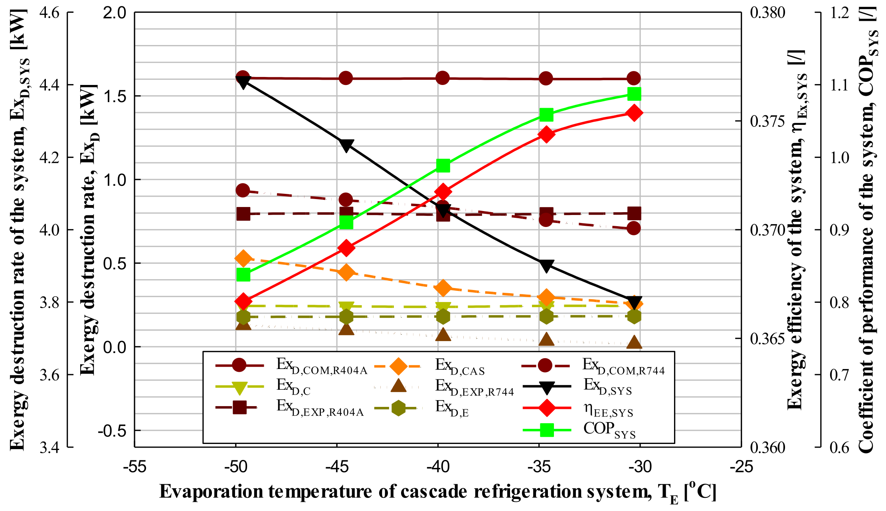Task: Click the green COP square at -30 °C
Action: [x=634, y=94]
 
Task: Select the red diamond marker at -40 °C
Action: [x=443, y=192]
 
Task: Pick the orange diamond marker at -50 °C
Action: [x=243, y=258]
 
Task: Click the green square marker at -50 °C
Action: [x=243, y=275]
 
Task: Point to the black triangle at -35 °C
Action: [x=546, y=265]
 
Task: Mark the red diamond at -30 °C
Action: [x=634, y=113]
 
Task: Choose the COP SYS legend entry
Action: [x=609, y=430]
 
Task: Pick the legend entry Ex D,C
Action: [x=293, y=386]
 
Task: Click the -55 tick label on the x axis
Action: [x=134, y=466]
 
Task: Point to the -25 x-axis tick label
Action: [x=741, y=466]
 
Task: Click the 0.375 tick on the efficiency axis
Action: [x=767, y=121]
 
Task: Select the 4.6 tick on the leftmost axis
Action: [x=49, y=13]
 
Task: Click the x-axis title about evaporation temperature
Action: [x=437, y=492]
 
